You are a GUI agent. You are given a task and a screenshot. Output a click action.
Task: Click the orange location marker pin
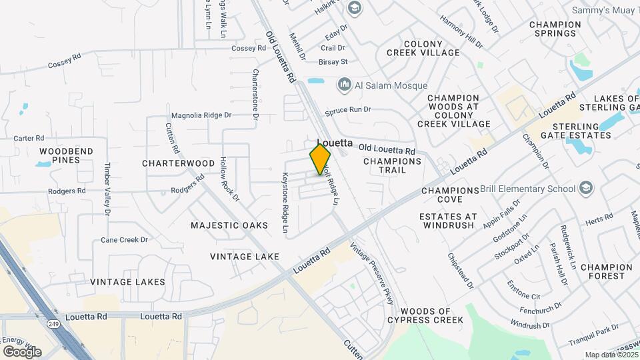(x=320, y=159)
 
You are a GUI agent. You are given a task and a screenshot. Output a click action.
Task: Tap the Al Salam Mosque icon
(x=345, y=84)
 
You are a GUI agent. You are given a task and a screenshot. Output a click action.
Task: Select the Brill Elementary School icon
(x=586, y=189)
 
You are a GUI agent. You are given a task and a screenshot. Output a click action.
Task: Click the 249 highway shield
(x=52, y=323)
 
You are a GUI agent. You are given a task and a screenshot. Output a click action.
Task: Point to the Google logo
(x=22, y=351)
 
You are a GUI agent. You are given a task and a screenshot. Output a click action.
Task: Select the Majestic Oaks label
(x=229, y=225)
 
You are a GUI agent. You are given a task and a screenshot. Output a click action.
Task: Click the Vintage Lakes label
(x=127, y=282)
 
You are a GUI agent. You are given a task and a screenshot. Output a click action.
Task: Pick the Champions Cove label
(x=451, y=195)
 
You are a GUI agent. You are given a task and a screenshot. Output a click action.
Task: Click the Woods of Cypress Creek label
(x=431, y=315)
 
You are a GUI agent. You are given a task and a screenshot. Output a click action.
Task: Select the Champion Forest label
(x=606, y=271)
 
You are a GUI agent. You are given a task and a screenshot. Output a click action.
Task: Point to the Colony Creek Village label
(x=432, y=48)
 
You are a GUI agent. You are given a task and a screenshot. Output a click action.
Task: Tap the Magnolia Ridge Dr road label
(x=201, y=115)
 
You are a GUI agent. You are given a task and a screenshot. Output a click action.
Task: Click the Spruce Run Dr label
(x=347, y=109)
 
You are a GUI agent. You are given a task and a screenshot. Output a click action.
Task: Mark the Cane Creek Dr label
(x=124, y=240)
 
